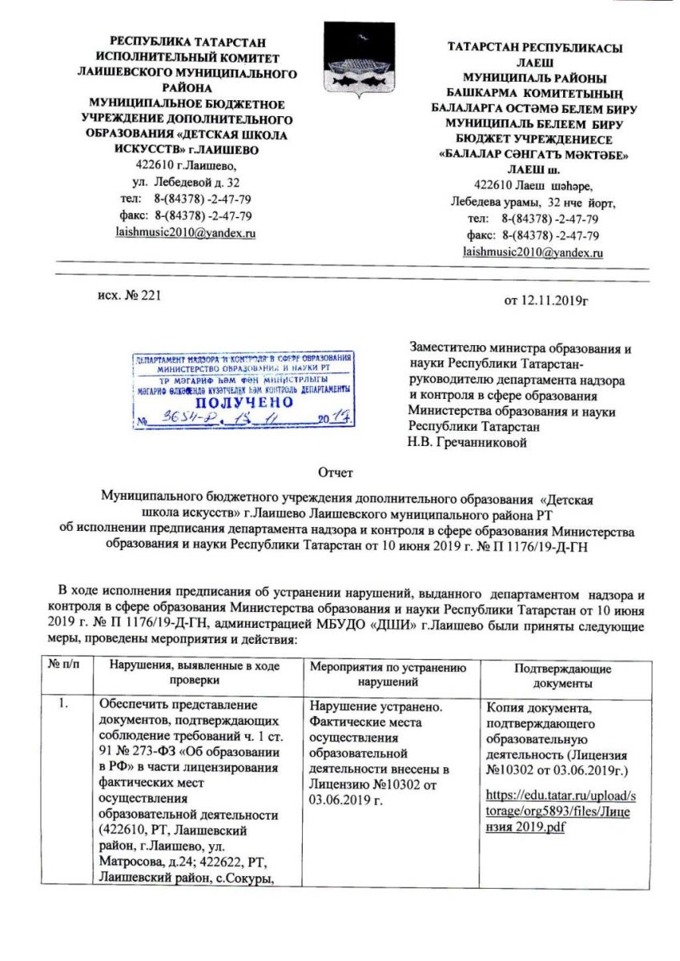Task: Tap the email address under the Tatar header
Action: click(533, 251)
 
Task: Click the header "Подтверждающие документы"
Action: click(563, 675)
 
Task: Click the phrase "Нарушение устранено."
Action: click(363, 706)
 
